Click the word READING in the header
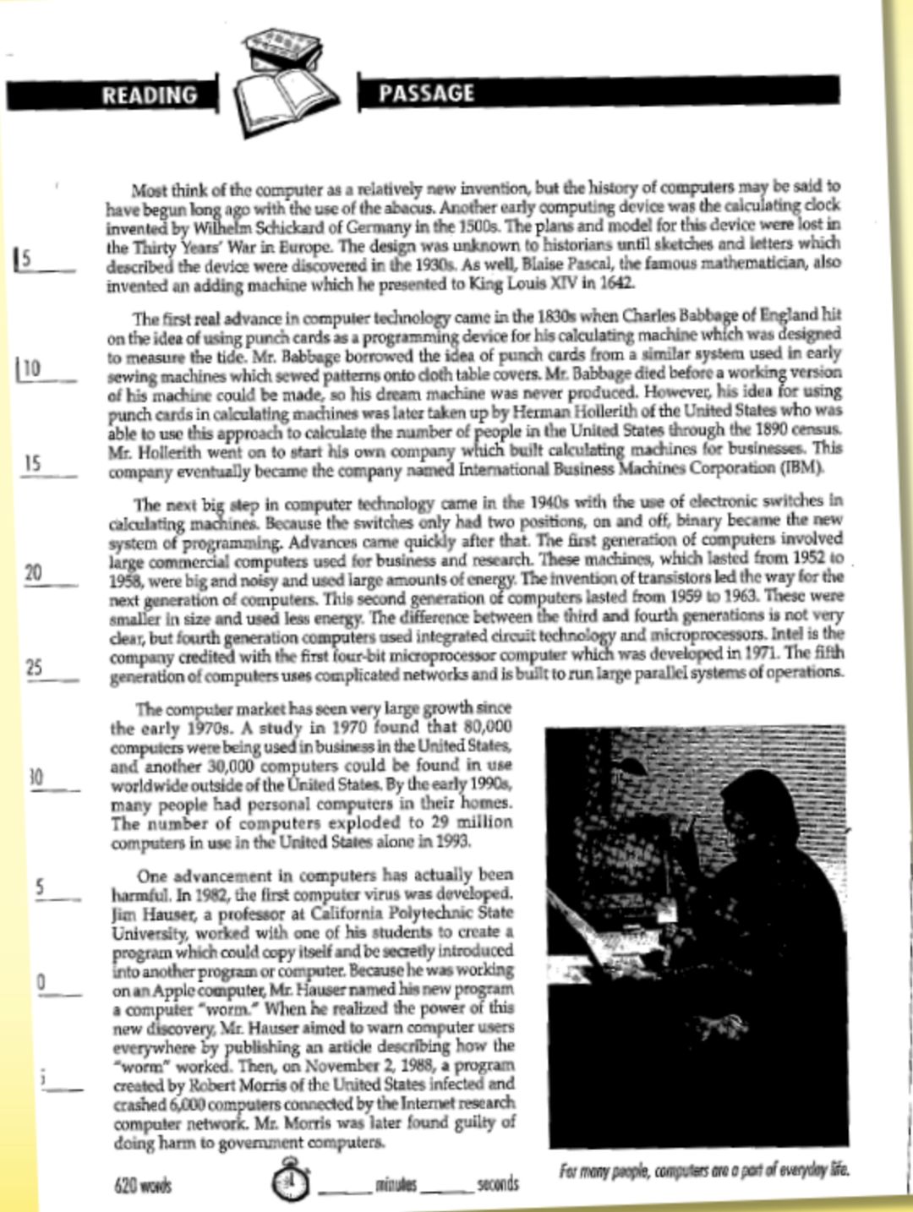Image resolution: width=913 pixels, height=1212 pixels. coord(150,95)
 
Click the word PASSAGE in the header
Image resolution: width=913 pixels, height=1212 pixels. coord(426,93)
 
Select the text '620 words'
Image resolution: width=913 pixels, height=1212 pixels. coord(142,1185)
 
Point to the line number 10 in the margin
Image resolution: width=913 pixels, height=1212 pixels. coord(31,369)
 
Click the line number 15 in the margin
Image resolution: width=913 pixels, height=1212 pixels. coord(32,463)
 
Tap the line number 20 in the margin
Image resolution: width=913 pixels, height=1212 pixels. coord(33,572)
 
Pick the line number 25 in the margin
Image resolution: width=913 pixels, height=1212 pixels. coord(34,668)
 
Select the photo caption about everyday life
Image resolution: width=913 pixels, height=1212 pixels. coord(703,1171)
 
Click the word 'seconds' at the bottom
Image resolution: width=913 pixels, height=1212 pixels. coord(497,1184)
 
